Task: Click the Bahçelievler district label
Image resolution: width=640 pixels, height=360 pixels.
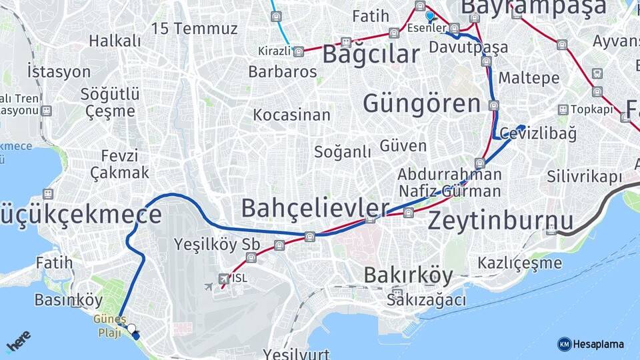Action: point(315,208)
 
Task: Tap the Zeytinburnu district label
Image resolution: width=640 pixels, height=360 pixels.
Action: point(500,220)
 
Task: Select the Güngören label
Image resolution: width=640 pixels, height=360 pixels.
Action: point(421,104)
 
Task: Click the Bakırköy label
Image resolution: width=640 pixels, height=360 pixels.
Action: point(408,275)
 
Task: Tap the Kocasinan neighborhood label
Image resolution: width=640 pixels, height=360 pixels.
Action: point(291,115)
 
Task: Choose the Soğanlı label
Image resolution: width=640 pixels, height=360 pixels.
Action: point(343,151)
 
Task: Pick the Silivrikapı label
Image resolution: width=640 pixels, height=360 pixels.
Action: point(584,177)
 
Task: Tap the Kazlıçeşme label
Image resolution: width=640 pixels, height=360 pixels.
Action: point(520,263)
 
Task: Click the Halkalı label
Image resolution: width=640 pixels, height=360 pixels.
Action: point(115,41)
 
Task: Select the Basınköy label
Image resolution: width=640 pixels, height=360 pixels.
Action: point(68,299)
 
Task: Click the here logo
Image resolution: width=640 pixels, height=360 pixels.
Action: point(19,342)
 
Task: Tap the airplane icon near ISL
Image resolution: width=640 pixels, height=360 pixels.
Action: point(209,286)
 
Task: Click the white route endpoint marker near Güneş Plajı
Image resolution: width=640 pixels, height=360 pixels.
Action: point(131,329)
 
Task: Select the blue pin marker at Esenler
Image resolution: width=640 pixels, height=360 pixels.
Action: point(430,15)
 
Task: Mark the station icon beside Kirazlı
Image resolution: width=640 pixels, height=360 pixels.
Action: point(298,51)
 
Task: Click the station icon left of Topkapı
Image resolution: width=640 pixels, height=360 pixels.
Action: point(563,109)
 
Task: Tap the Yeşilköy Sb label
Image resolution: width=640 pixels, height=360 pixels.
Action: point(216,243)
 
